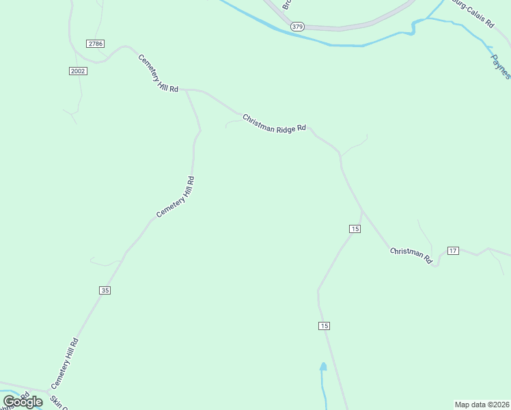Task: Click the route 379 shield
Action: tap(296, 27)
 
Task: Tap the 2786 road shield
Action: tap(96, 44)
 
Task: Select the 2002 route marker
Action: tap(78, 71)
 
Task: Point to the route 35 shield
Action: tap(105, 290)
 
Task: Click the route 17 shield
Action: tap(452, 251)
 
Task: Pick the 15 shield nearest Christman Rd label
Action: tap(354, 228)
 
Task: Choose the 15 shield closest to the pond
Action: tap(324, 326)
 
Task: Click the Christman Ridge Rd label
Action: tap(274, 123)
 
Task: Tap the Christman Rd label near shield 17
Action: tap(412, 256)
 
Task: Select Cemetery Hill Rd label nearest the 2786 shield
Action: tap(158, 74)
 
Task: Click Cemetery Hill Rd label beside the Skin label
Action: tap(65, 364)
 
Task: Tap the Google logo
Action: tap(23, 402)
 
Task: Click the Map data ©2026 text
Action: tap(482, 404)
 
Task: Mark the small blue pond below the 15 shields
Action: tap(323, 367)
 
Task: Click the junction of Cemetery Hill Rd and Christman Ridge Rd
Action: tap(186, 90)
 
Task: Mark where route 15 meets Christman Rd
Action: tap(361, 211)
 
